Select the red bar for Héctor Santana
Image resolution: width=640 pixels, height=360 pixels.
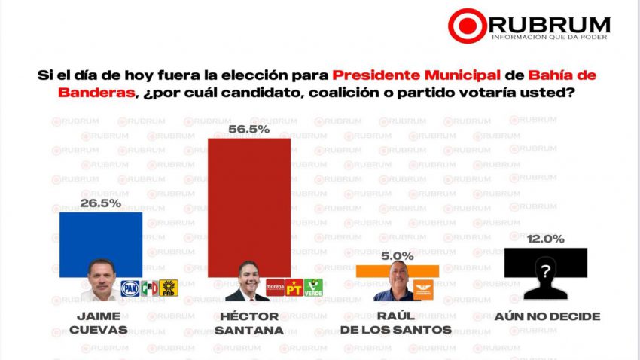248,203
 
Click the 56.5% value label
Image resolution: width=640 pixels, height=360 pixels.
248,130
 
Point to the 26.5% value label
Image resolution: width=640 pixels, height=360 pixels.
101,204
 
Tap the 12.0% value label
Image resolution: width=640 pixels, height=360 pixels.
546,239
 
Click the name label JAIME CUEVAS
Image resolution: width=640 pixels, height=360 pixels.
101,322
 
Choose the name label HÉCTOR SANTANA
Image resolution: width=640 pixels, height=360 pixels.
248,322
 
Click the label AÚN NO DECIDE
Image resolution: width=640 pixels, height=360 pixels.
547,316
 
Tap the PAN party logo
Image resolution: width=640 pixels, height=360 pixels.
130,287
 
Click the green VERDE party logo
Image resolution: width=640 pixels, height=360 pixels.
313,287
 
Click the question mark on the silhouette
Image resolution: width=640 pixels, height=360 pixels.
546,269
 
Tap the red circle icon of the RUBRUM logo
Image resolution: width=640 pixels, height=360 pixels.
466,26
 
